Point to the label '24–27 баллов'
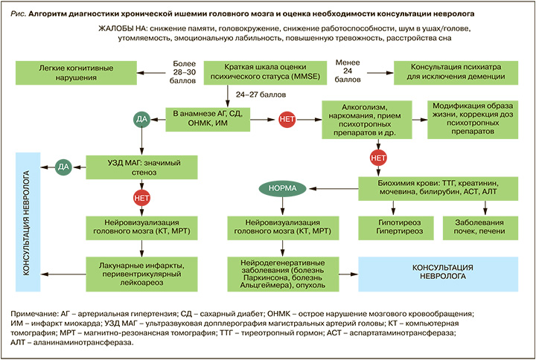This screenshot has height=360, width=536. tap(259, 96)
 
